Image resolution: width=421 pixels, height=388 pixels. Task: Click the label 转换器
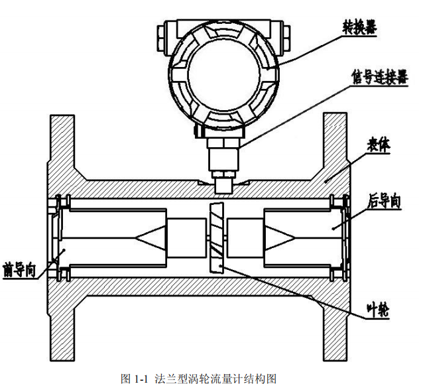360,28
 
